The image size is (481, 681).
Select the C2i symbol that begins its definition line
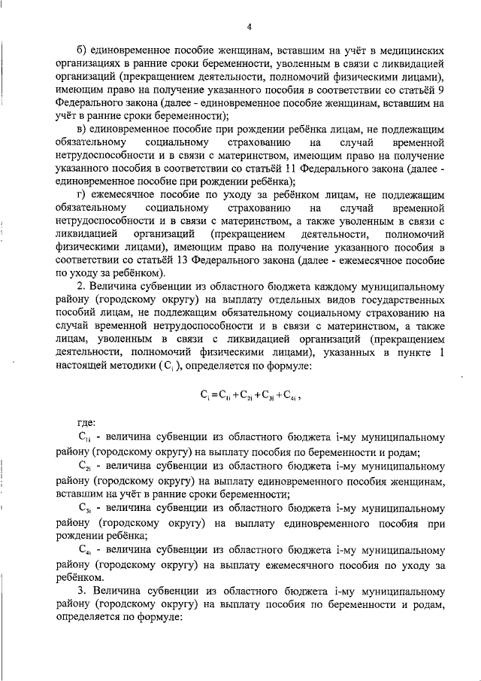tap(84, 467)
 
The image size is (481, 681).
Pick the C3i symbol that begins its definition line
tap(84, 509)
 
